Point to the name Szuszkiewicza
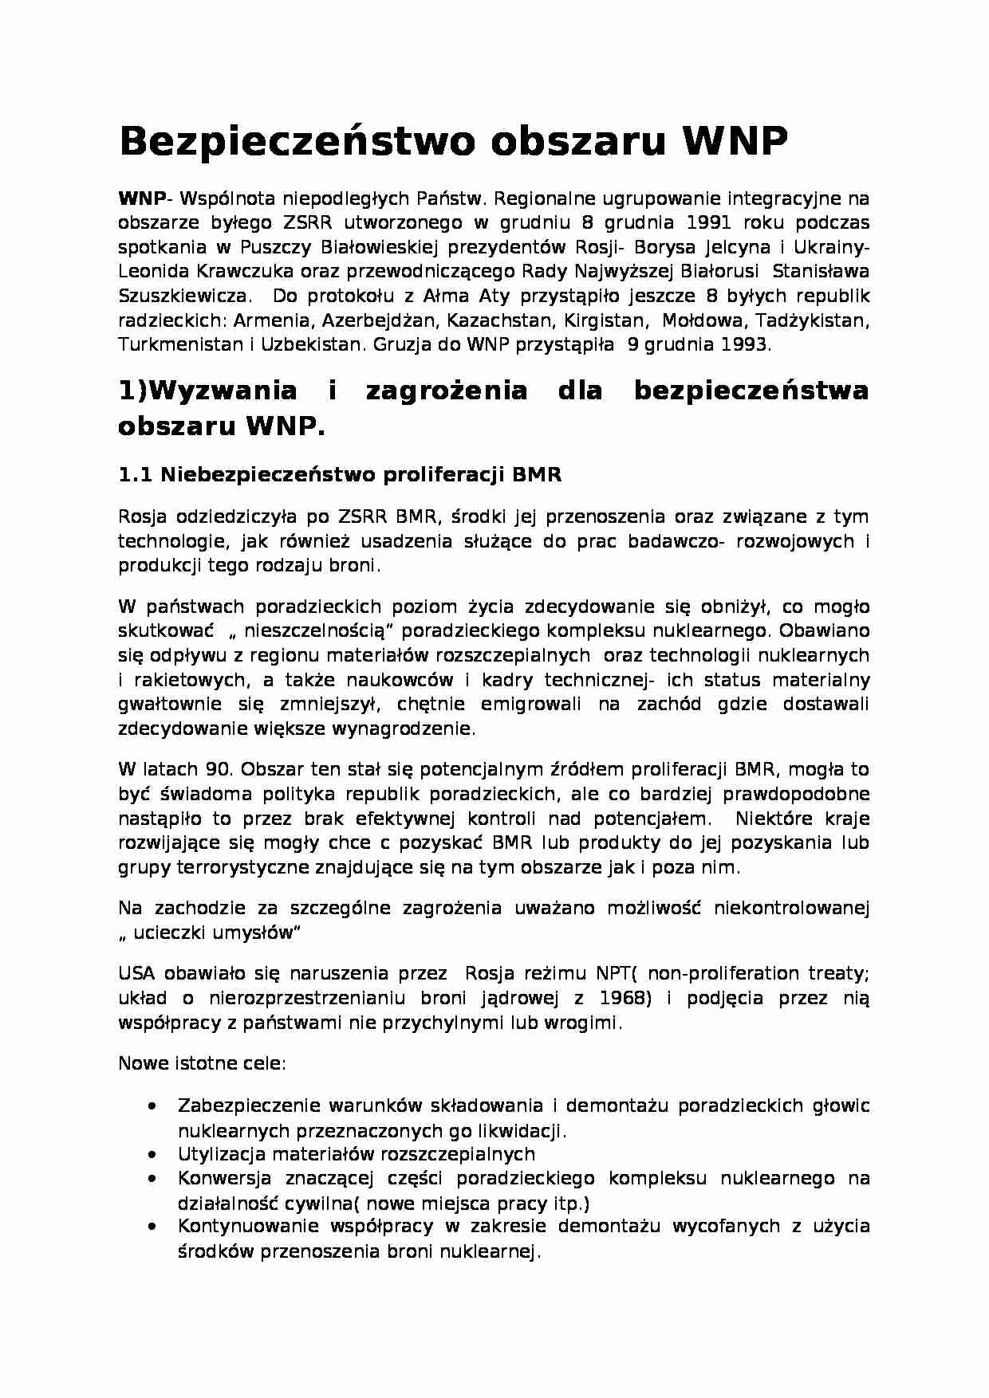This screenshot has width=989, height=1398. click(x=182, y=296)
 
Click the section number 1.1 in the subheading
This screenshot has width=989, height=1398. click(x=135, y=475)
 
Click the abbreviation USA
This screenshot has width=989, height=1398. click(x=137, y=973)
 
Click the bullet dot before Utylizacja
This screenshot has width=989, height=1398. click(x=152, y=1154)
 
